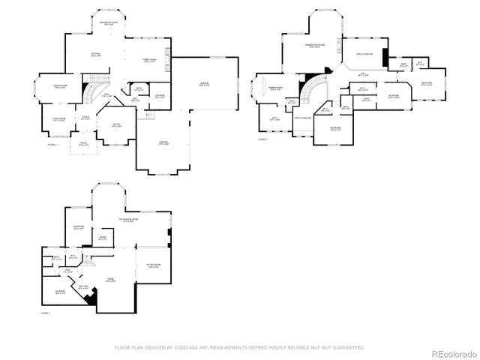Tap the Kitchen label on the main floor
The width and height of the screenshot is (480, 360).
point(96,55)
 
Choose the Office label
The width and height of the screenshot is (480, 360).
point(117,124)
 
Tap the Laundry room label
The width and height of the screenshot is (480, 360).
point(159,96)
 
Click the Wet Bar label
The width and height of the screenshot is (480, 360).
point(83,286)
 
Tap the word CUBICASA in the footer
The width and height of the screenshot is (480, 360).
point(183,347)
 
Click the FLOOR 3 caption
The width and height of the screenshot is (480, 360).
point(262,139)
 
